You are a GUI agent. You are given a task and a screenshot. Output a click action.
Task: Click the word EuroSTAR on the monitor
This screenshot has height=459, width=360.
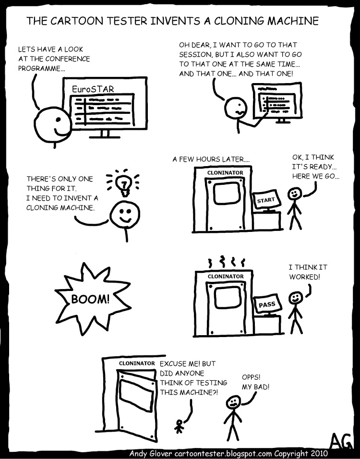[x=93, y=89]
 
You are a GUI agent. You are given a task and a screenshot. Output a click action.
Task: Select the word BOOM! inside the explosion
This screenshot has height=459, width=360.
[x=91, y=299]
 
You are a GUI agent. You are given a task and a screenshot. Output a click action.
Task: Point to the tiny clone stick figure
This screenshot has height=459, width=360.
[x=180, y=426]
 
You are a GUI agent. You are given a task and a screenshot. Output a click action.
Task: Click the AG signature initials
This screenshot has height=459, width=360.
[x=342, y=440]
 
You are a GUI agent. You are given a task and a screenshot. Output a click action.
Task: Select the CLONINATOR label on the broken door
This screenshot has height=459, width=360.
[x=137, y=363]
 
